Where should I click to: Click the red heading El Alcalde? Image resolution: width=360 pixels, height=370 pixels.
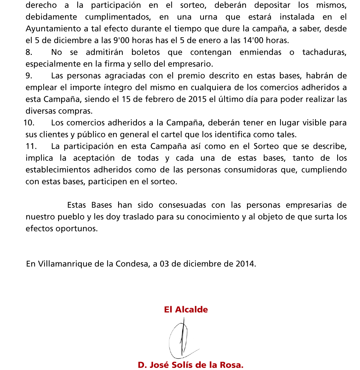(186, 310)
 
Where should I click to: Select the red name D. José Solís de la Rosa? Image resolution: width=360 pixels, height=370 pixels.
(191, 365)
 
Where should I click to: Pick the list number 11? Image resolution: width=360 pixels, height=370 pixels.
(31, 146)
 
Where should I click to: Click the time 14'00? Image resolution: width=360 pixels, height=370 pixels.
(254, 40)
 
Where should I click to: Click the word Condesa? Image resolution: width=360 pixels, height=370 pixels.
(132, 264)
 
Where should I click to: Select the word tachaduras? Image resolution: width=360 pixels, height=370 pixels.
(324, 52)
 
